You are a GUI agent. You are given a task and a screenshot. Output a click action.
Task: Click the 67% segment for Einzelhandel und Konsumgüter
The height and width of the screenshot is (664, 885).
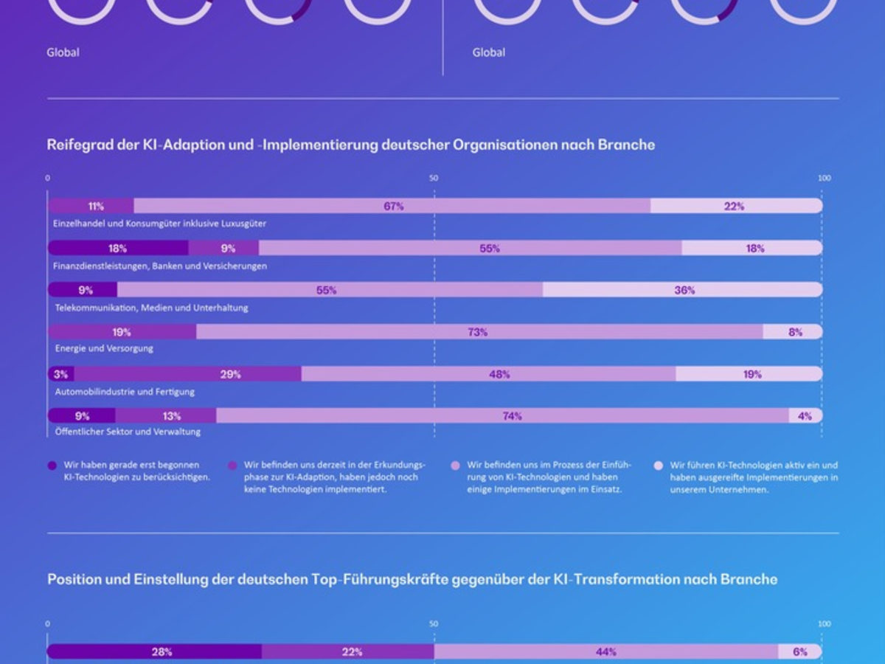392,207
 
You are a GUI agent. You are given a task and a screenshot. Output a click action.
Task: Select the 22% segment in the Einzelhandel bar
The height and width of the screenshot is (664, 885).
735,207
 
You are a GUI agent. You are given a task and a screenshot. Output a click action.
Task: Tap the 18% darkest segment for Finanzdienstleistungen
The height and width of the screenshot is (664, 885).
118,249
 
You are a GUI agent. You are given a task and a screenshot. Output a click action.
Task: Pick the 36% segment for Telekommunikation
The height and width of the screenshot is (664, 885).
684,291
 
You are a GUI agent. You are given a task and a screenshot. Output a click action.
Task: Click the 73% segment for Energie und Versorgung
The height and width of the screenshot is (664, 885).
477,333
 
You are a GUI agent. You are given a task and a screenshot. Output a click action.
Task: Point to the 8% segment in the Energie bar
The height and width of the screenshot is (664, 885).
794,333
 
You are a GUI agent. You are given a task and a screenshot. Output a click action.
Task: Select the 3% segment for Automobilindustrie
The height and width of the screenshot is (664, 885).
60,375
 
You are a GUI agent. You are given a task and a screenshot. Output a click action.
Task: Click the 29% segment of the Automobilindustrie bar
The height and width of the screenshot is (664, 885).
230,375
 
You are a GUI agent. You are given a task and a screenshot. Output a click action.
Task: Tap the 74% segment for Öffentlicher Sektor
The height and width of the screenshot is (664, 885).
512,416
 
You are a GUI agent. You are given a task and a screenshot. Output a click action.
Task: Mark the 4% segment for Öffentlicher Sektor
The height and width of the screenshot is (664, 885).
804,416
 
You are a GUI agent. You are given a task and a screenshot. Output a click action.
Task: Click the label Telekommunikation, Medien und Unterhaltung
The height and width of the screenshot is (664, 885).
151,308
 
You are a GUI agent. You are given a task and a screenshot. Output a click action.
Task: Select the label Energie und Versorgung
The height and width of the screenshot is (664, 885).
104,348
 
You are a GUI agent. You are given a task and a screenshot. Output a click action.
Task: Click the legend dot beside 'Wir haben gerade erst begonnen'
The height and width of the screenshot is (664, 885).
52,466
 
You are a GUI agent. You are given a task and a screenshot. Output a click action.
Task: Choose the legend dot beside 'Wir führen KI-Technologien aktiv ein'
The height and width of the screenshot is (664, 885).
659,466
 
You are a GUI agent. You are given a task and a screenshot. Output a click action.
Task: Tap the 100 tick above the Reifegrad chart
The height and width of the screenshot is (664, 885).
824,179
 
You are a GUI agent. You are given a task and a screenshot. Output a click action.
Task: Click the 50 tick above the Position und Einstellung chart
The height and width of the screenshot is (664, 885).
434,624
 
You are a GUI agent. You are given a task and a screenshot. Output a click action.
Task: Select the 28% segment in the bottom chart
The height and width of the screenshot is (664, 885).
162,652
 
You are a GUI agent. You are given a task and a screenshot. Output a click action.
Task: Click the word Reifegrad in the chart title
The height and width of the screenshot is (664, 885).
79,145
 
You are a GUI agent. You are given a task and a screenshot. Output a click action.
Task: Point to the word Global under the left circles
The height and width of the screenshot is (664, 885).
63,53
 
